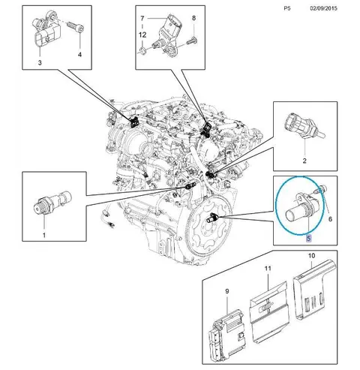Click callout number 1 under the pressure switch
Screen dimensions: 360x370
tap(44, 235)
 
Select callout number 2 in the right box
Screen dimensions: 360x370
tap(304, 161)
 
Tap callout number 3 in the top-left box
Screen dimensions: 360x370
tap(40, 62)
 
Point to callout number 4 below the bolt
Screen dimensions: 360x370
tap(79, 54)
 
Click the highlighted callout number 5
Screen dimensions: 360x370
tap(308, 238)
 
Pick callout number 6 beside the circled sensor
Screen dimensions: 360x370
tap(330, 219)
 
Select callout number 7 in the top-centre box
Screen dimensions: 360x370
tap(142, 18)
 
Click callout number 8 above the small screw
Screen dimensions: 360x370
tap(194, 18)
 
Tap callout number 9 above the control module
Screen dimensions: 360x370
tap(227, 291)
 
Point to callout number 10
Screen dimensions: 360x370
tap(311, 256)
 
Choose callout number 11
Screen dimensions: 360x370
tap(268, 269)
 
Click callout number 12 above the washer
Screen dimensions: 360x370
tap(142, 35)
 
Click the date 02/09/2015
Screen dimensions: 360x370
tap(323, 8)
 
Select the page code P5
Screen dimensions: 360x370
tap(287, 8)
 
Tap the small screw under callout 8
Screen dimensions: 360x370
tap(192, 40)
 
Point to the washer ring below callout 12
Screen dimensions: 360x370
tap(142, 51)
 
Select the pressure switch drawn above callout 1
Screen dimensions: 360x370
tap(52, 203)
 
